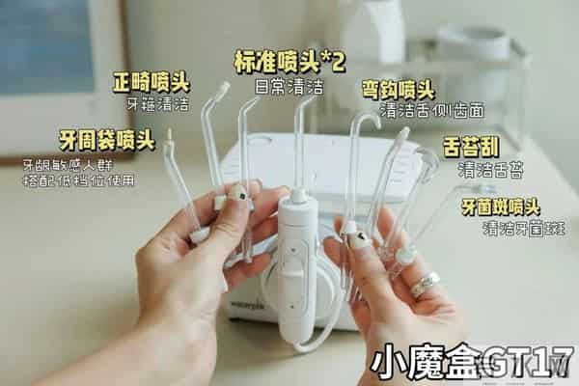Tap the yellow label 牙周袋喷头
click(106, 140)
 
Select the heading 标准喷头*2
click(289, 62)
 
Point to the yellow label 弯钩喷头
click(398, 90)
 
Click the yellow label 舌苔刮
click(471, 148)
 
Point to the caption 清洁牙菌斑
click(524, 229)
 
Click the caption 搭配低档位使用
click(79, 179)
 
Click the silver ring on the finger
click(424, 284)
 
